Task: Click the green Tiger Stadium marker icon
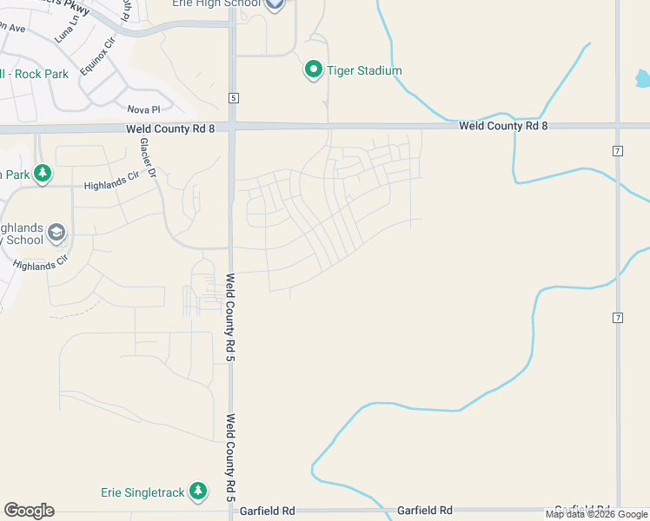(314, 69)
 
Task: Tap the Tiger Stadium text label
(365, 70)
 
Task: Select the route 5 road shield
(234, 97)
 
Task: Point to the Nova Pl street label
(144, 109)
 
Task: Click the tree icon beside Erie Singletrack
(198, 491)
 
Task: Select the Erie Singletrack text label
(143, 492)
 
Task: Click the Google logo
(29, 511)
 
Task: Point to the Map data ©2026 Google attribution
(596, 514)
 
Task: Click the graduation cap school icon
(56, 232)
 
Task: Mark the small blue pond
(642, 80)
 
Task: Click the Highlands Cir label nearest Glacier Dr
(111, 185)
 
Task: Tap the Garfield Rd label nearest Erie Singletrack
(269, 511)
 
